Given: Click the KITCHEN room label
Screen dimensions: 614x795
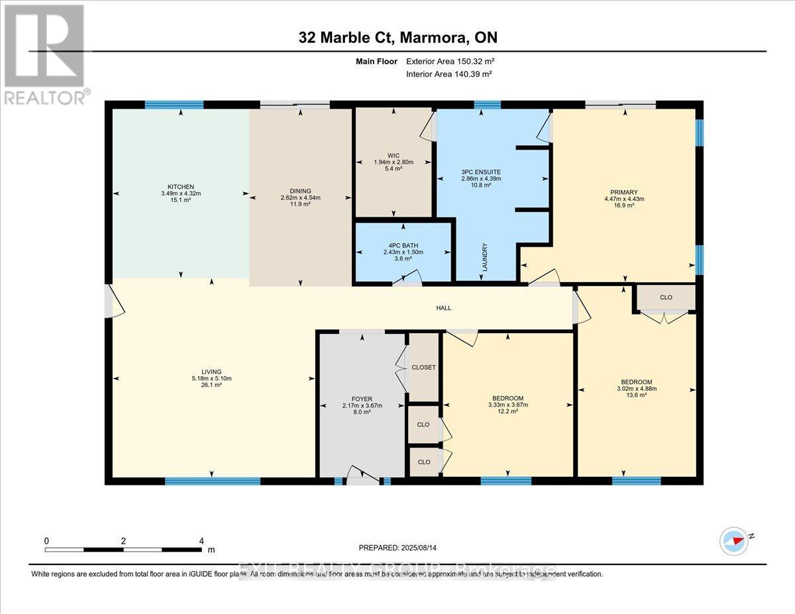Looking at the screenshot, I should click(181, 187).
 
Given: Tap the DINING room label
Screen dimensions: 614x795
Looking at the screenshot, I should click(300, 191).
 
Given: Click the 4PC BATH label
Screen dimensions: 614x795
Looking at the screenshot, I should click(404, 245).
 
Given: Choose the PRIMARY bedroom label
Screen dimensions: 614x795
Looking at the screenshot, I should click(625, 192).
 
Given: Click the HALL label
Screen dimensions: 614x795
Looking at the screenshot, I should click(443, 308).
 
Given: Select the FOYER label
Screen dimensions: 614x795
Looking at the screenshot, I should click(362, 399).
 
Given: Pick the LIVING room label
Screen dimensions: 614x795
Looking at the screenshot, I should click(211, 372).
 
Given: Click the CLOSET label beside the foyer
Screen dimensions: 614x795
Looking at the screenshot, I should click(423, 367).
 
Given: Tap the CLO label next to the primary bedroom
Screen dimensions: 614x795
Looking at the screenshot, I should click(666, 297).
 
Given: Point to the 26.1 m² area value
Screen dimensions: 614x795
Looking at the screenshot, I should click(211, 385).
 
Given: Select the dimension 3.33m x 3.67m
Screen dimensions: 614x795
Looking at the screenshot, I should click(507, 405).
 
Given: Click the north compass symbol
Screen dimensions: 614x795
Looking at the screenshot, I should click(736, 540).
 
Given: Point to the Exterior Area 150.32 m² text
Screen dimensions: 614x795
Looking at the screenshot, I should click(450, 61).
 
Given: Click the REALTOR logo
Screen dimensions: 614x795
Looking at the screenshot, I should click(44, 53).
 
